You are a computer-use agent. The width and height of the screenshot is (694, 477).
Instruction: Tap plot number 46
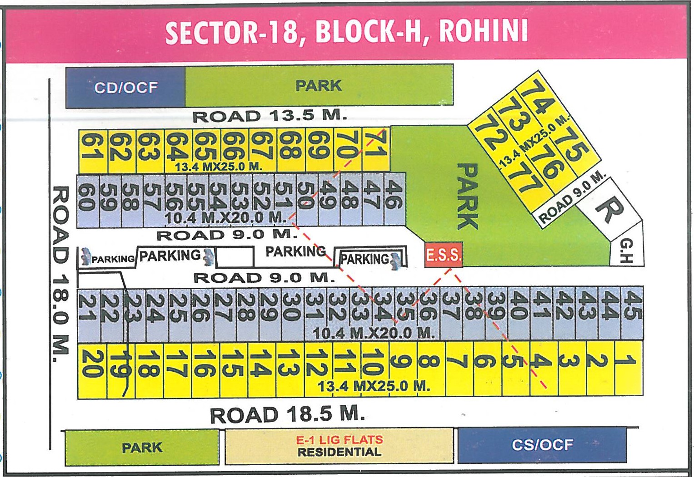click(x=394, y=195)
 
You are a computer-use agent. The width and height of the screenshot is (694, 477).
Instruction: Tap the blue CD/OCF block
click(x=125, y=87)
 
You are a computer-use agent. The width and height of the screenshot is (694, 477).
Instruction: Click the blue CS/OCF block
click(x=542, y=445)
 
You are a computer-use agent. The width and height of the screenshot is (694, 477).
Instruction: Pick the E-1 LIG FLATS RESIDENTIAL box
click(x=340, y=446)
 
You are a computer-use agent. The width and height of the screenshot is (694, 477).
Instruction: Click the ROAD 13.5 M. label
click(x=270, y=116)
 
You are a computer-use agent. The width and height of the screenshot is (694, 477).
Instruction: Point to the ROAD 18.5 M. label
click(x=287, y=415)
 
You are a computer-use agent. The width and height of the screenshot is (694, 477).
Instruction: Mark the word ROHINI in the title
click(x=483, y=32)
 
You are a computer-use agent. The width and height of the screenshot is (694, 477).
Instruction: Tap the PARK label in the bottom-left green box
click(x=142, y=447)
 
